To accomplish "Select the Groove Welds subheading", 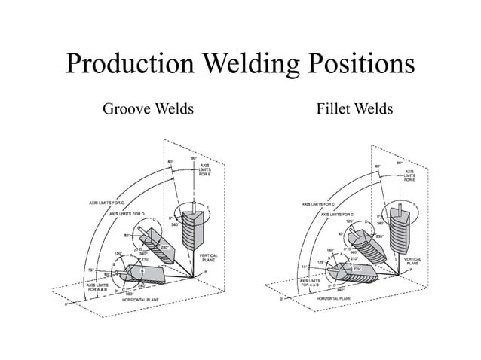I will coord(148,110).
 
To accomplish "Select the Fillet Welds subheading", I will coord(354,110).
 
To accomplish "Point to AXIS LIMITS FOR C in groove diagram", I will coord(106,203).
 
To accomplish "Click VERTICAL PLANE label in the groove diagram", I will coord(208,258).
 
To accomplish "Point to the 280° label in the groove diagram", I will coord(165,246).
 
